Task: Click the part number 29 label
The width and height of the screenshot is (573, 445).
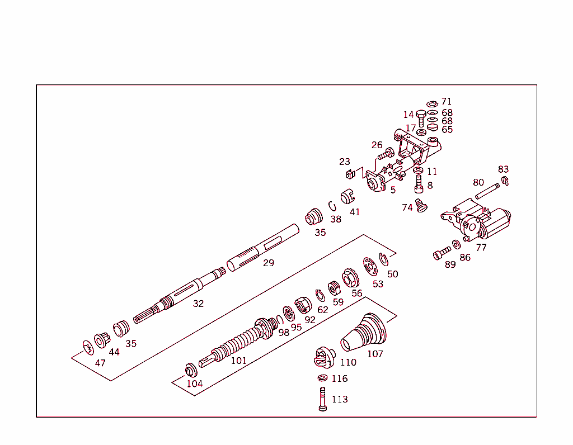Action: [269, 263]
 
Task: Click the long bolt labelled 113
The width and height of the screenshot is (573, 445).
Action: [323, 400]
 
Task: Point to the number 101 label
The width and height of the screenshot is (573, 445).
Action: [238, 361]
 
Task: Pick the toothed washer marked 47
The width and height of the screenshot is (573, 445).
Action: [87, 348]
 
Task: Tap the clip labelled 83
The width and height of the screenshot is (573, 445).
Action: [505, 181]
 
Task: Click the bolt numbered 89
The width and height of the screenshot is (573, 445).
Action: [442, 253]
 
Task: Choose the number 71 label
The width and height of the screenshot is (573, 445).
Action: [446, 102]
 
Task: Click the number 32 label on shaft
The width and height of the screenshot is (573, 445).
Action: [198, 304]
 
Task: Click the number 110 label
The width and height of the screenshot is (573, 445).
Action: [347, 362]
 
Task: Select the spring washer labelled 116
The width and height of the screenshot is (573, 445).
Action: [323, 378]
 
